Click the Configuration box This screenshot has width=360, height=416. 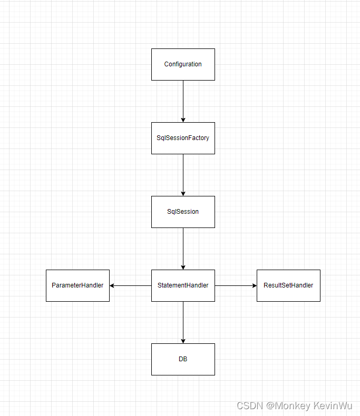183,64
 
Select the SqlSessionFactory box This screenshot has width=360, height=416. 183,138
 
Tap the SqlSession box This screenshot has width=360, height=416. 183,212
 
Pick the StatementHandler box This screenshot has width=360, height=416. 183,285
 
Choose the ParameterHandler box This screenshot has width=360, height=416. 77,285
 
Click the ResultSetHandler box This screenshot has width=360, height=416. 288,285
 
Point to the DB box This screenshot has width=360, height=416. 183,359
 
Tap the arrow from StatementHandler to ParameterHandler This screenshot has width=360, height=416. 131,285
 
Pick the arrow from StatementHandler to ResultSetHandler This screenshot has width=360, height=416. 236,285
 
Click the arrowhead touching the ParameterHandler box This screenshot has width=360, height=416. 112,285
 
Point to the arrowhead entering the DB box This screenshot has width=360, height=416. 183,341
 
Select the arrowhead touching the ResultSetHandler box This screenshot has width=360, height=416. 254,285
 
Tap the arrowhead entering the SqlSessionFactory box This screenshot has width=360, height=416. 183,120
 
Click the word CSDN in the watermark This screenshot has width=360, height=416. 249,406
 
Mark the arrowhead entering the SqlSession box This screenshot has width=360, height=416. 183,193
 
